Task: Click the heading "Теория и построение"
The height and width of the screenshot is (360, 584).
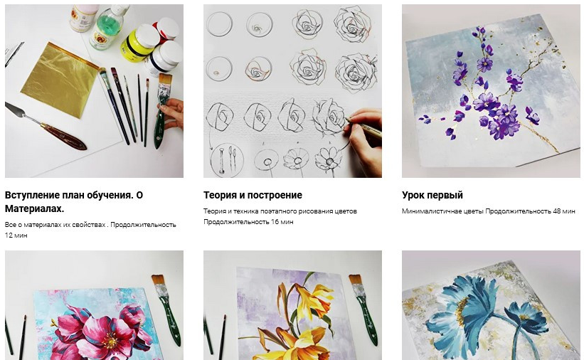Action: tap(253, 195)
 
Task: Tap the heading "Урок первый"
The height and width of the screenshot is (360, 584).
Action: tap(432, 195)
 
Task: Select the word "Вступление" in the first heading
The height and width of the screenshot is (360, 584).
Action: tap(33, 195)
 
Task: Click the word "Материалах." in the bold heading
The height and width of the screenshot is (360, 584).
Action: tap(34, 208)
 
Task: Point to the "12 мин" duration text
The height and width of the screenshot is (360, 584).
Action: tap(16, 235)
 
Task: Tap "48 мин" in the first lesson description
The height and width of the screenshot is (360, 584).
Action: tap(564, 211)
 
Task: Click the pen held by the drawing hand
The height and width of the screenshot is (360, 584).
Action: tap(364, 127)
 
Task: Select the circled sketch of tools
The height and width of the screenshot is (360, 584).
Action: tap(227, 159)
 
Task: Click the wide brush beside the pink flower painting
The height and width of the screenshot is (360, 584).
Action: tap(166, 310)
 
